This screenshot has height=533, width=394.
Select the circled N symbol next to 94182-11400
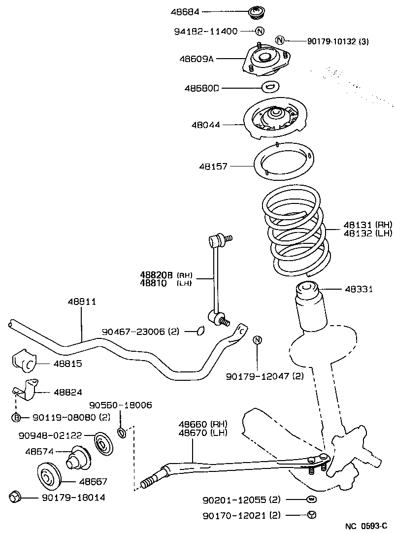click(x=260, y=31)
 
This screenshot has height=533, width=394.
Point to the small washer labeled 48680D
click(x=270, y=87)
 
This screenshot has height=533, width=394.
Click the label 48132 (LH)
click(x=361, y=233)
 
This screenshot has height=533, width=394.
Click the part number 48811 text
click(x=82, y=301)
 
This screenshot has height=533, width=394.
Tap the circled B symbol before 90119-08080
click(x=16, y=418)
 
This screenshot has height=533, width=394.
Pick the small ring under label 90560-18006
click(x=121, y=433)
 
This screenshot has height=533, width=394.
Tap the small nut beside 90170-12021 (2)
click(x=311, y=515)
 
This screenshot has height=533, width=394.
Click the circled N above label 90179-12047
click(x=257, y=340)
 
